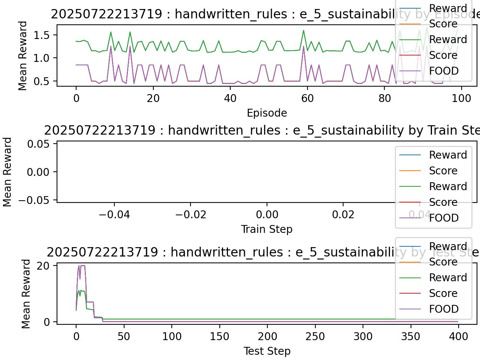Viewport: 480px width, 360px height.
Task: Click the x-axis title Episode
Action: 267,113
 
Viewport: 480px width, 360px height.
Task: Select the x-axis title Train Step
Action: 267,229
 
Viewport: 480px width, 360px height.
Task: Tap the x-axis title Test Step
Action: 267,351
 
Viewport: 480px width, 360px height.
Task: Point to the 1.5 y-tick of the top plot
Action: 42,35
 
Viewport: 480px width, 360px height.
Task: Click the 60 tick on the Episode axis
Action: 307,98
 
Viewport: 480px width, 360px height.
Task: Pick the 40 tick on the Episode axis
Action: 230,98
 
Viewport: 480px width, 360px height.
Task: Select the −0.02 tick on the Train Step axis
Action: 190,214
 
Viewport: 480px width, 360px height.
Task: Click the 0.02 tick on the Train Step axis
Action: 343,214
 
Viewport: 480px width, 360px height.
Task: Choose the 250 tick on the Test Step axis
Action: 315,336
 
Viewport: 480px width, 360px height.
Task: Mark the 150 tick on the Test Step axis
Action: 219,336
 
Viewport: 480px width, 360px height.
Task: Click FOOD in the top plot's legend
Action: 444,71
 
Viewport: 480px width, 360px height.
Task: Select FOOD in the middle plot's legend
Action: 444,218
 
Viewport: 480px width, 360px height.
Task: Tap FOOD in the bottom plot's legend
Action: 444,309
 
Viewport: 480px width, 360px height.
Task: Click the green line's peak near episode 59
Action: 303,30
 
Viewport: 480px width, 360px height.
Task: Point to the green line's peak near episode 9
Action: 111,32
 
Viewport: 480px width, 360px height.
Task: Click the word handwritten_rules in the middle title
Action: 224,130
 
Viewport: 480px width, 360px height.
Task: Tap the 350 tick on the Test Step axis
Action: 411,336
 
